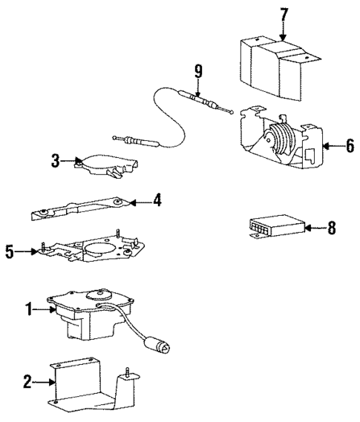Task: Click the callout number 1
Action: coord(31,311)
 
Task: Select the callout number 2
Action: coord(28,382)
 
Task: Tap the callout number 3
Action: coord(56,159)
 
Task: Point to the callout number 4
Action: coord(157,200)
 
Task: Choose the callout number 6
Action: coord(349,145)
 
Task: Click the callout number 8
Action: coord(331,228)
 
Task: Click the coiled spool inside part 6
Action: coord(281,139)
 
